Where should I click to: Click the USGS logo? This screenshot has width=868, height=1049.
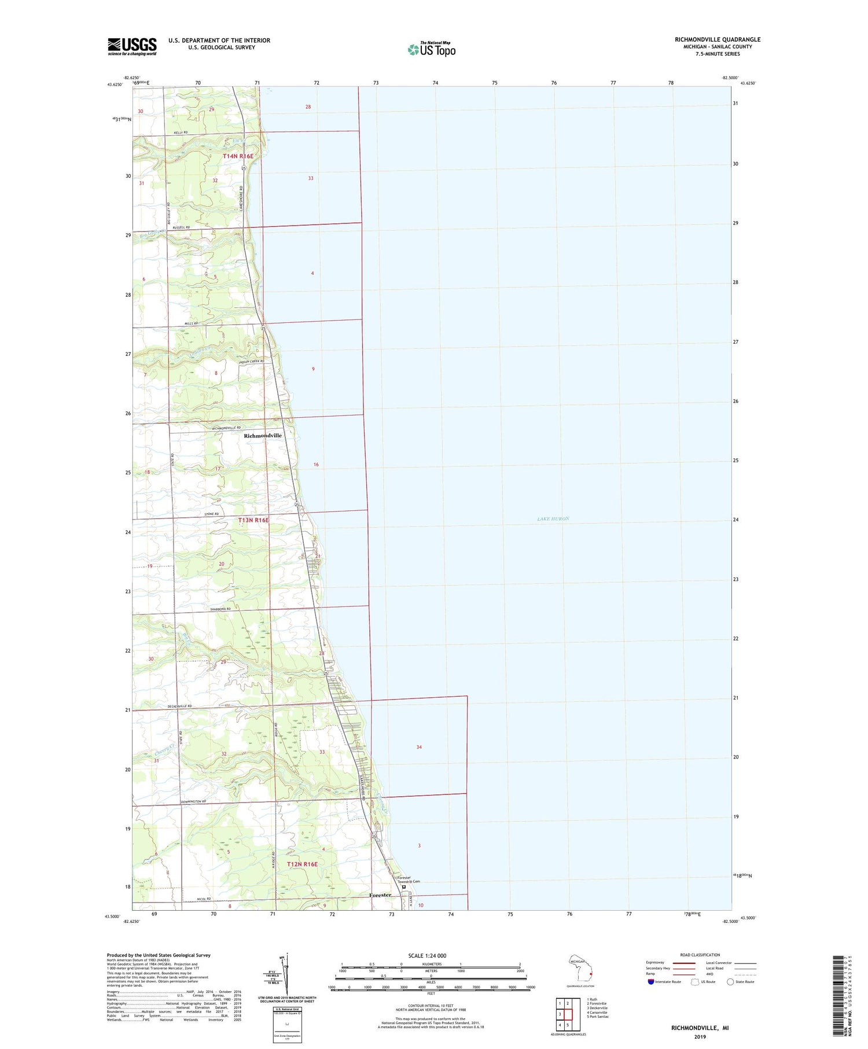pyautogui.click(x=132, y=46)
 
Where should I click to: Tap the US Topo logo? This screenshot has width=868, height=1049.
pyautogui.click(x=432, y=49)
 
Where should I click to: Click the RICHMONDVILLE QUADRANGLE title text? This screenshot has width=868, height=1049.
pyautogui.click(x=717, y=39)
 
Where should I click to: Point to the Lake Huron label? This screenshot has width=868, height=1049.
pyautogui.click(x=553, y=519)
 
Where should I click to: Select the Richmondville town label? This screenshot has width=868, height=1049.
pyautogui.click(x=263, y=436)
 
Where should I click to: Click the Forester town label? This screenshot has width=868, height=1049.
pyautogui.click(x=380, y=895)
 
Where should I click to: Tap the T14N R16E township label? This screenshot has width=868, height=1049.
pyautogui.click(x=238, y=156)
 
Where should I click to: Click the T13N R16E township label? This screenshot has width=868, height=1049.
pyautogui.click(x=253, y=520)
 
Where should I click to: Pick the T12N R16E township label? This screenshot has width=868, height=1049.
pyautogui.click(x=302, y=864)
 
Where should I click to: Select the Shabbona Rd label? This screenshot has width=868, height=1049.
pyautogui.click(x=220, y=609)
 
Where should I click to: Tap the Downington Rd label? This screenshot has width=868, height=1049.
pyautogui.click(x=193, y=801)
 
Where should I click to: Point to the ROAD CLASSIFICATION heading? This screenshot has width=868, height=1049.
pyautogui.click(x=700, y=955)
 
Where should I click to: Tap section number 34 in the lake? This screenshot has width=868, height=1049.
pyautogui.click(x=419, y=747)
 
